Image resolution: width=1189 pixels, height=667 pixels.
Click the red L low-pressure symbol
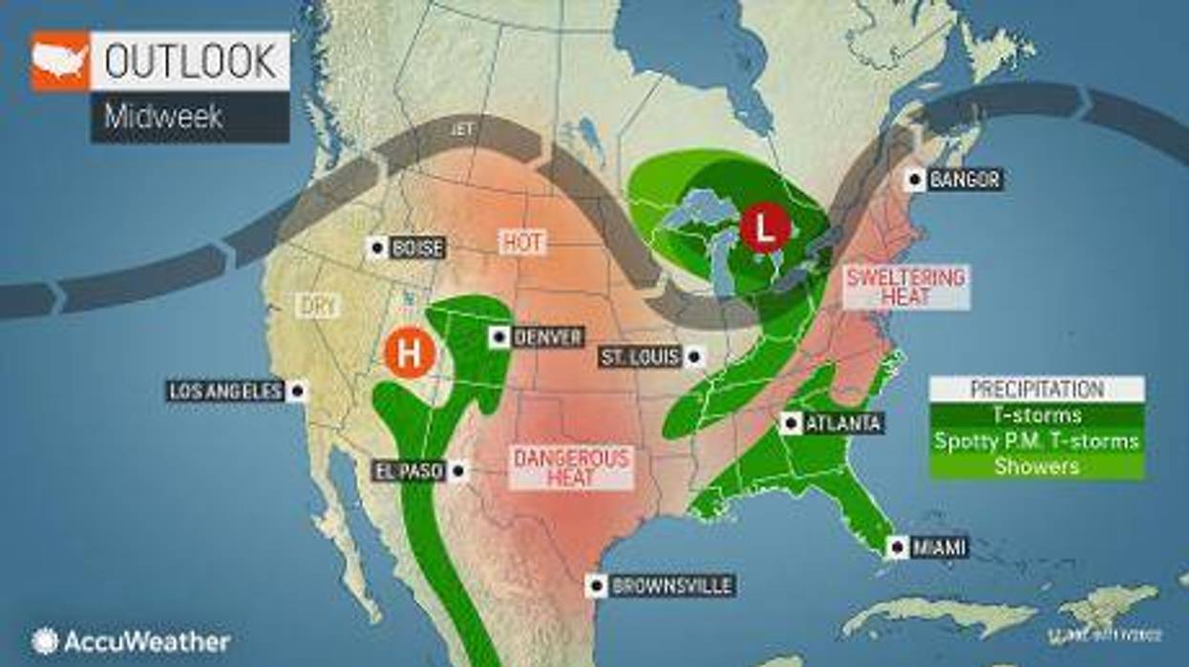(765, 229)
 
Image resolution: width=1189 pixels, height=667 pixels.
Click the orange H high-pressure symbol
(409, 354)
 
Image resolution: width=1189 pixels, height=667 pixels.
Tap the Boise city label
(417, 247)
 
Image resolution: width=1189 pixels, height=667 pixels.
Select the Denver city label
(547, 337)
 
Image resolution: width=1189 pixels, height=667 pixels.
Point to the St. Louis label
(641, 357)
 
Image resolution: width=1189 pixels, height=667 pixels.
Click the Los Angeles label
(226, 391)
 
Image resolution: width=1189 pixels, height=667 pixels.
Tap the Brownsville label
(671, 586)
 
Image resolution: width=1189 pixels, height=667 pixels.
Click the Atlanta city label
(843, 422)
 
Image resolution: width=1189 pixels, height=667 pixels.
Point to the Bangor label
(965, 179)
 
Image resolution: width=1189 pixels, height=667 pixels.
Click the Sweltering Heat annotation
(905, 287)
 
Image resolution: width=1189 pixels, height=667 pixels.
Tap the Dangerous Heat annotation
(571, 467)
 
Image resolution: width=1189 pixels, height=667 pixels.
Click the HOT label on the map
(522, 243)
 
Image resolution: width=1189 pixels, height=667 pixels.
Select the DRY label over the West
(317, 306)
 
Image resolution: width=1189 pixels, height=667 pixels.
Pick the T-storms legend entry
(1036, 415)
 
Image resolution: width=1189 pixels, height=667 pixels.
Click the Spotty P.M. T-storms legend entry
(1036, 441)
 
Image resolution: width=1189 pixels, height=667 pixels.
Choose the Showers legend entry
(1036, 466)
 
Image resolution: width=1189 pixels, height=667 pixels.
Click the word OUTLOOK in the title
(191, 61)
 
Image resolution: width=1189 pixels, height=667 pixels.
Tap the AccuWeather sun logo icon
(44, 640)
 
